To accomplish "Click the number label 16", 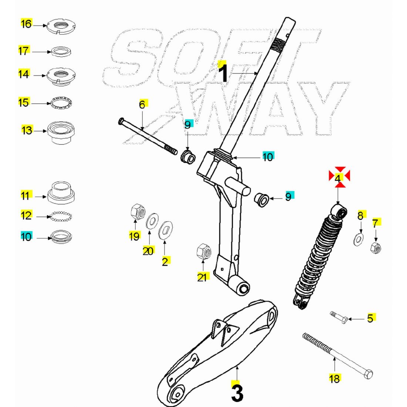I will coord(26,24).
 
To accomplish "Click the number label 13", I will coord(27,130).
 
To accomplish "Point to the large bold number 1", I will coord(223,73).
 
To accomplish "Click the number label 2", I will coord(165,261).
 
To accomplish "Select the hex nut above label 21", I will coord(203,252).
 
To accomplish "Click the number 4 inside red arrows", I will coord(338,178).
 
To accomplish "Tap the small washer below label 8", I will coord(359,240).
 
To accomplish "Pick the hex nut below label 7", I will coord(376,248).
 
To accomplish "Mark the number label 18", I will coord(334,378).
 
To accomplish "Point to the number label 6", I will coord(142,105).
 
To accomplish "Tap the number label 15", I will coord(23,102).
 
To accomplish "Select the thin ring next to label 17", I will coord(61,51).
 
